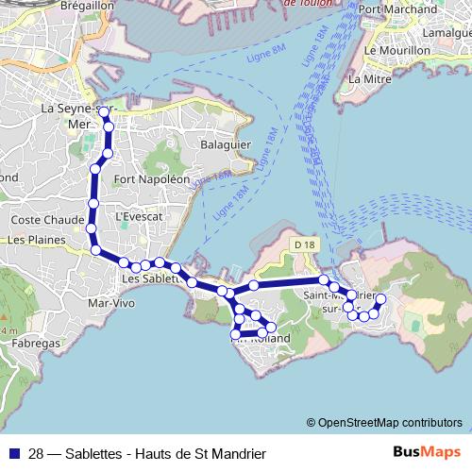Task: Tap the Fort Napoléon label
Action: coord(151,178)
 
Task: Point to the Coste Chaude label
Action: coord(38,219)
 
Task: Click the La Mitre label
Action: coord(369,79)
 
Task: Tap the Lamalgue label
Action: coord(447,32)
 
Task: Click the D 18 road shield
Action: coord(303,245)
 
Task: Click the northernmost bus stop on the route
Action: coord(104,111)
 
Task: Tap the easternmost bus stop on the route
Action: coord(381,299)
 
